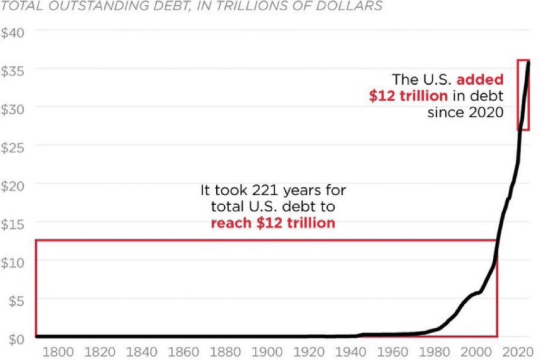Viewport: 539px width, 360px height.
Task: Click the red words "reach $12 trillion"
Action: point(273,223)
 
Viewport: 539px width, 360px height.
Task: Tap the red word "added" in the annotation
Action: point(480,80)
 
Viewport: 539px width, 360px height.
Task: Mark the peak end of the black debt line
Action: point(528,62)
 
